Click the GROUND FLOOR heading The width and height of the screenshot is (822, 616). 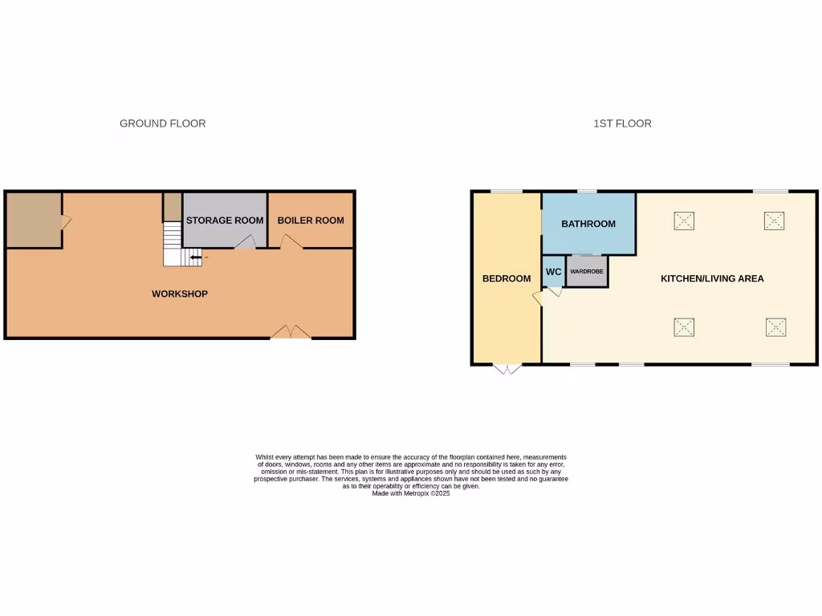[x=162, y=124]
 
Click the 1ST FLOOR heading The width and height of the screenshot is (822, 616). [x=622, y=124]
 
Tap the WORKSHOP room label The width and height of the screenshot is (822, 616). [x=180, y=294]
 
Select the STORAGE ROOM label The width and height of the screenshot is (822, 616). [x=225, y=221]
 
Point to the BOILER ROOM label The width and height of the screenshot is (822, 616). [x=311, y=221]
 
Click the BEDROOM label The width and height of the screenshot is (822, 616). [x=507, y=279]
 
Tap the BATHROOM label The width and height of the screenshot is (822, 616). [x=588, y=224]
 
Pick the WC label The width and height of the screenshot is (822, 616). [x=554, y=272]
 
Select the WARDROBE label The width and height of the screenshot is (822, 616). [x=587, y=272]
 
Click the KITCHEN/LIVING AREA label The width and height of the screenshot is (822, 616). [x=712, y=279]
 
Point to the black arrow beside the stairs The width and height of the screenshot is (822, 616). [x=196, y=257]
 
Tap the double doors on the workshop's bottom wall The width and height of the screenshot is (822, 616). [x=291, y=332]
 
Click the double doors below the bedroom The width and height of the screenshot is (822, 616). [x=507, y=369]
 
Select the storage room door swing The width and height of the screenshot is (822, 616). [x=246, y=241]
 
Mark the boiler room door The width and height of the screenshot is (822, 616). [x=291, y=242]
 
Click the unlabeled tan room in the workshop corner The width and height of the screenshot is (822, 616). [x=33, y=219]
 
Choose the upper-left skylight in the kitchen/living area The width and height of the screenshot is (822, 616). [x=684, y=221]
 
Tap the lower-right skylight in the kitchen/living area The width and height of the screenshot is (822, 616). [x=775, y=327]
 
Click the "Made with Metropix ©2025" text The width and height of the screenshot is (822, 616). [x=411, y=494]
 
